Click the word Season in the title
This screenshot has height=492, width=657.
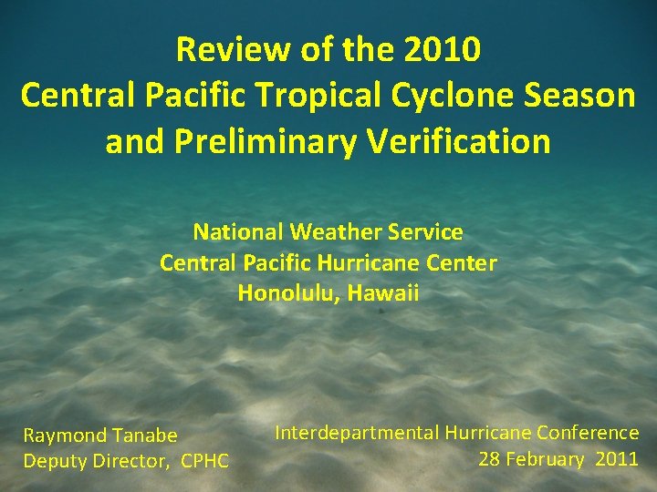pyautogui.click(x=583, y=96)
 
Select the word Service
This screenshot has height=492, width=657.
pyautogui.click(x=431, y=232)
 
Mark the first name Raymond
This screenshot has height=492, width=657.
pyautogui.click(x=64, y=436)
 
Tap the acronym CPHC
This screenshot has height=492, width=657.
pyautogui.click(x=205, y=461)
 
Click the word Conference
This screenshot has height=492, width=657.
pyautogui.click(x=588, y=433)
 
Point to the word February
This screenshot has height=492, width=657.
pyautogui.click(x=546, y=458)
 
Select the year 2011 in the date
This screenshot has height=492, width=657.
pyautogui.click(x=617, y=458)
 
